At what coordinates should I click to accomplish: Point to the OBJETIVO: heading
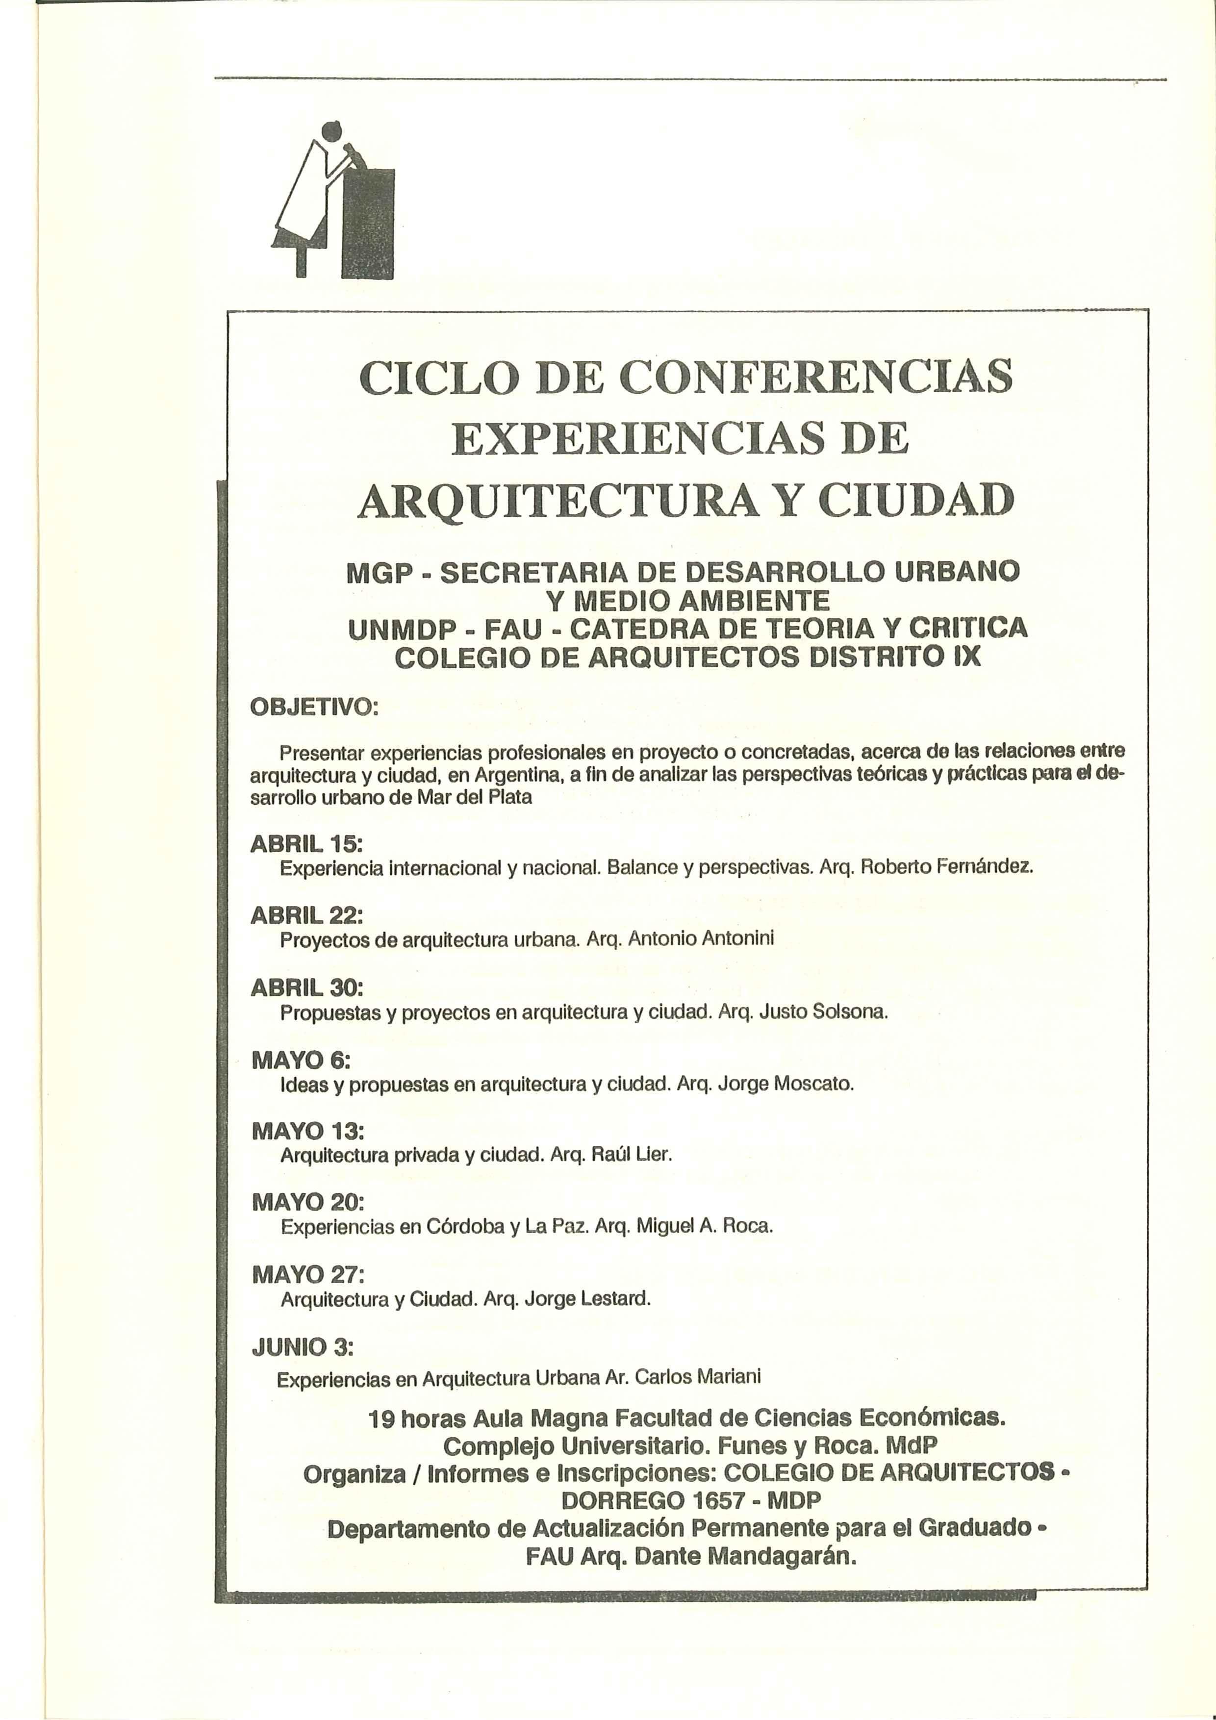[314, 707]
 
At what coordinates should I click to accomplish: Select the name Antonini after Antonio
[737, 940]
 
